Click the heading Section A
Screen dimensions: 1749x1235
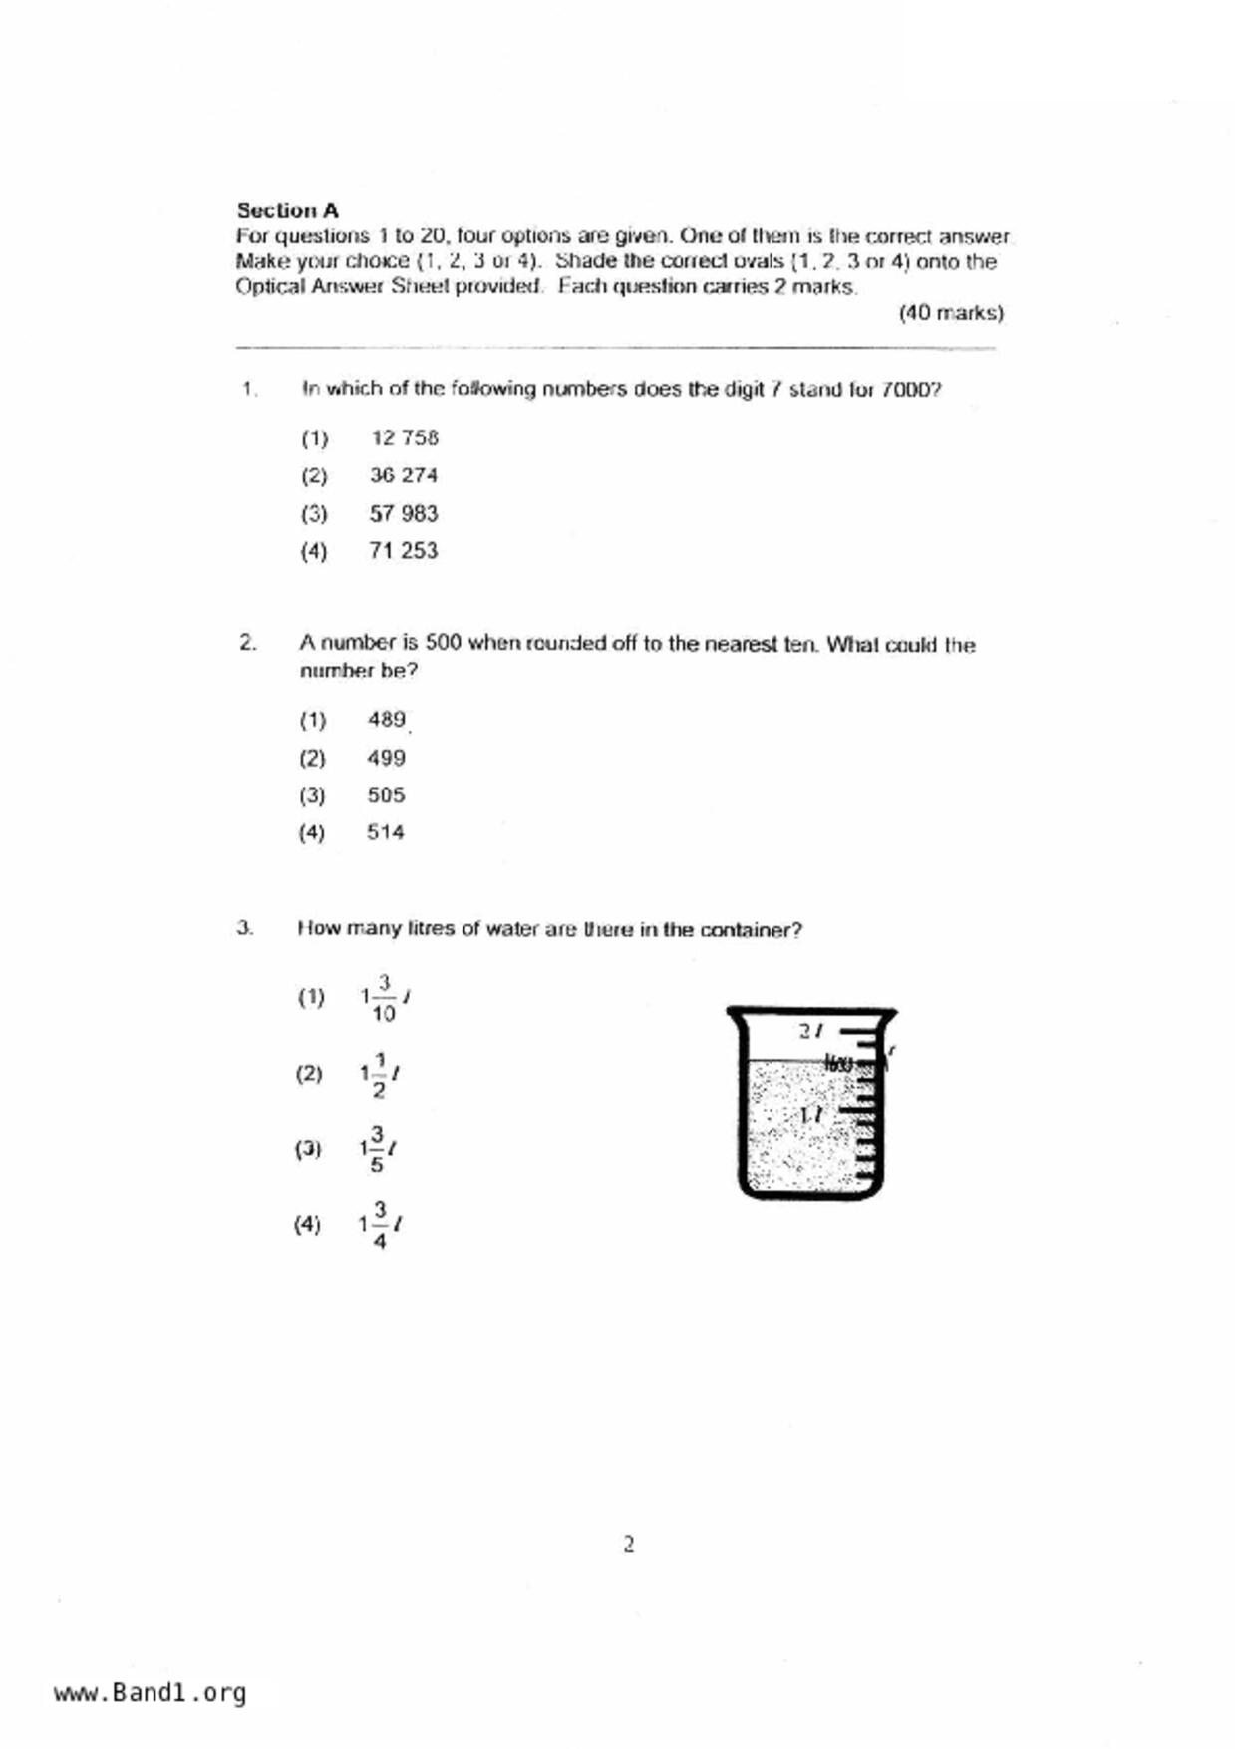287,210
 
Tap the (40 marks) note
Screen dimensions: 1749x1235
950,313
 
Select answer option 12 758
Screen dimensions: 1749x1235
404,438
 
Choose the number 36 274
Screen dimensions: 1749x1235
403,475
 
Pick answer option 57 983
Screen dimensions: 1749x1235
403,513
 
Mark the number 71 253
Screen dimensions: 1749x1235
403,550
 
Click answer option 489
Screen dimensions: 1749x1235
386,719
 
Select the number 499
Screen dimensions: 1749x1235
386,758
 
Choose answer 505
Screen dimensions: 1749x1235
386,795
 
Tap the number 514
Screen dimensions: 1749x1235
385,832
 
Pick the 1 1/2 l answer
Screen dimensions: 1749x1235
380,1074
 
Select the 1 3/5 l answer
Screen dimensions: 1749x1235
378,1149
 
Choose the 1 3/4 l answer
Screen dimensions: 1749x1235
379,1224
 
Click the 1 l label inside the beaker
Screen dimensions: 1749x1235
811,1114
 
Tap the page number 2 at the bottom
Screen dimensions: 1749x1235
628,1544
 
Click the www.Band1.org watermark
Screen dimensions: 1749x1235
150,1693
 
